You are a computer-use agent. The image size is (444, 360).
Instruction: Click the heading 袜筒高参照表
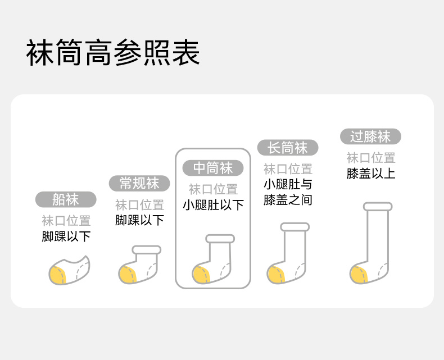pyautogui.click(x=113, y=54)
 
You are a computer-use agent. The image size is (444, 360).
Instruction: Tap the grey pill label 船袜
pyautogui.click(x=66, y=199)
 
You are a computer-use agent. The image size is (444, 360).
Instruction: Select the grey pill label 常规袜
pyautogui.click(x=139, y=183)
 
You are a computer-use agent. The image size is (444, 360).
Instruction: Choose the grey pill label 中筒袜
pyautogui.click(x=213, y=168)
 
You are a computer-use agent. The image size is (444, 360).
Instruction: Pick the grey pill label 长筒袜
pyautogui.click(x=288, y=148)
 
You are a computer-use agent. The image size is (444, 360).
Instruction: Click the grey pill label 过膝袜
pyautogui.click(x=370, y=136)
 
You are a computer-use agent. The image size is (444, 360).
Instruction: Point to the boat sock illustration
pyautogui.click(x=69, y=271)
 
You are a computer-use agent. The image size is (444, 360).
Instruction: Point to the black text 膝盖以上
pyautogui.click(x=370, y=174)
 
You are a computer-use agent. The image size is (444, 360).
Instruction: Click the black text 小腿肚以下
pyautogui.click(x=213, y=205)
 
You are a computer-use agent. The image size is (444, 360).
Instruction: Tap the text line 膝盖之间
pyautogui.click(x=288, y=199)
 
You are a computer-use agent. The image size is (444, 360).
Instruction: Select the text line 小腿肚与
pyautogui.click(x=288, y=184)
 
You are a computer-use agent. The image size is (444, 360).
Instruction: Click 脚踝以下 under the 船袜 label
pyautogui.click(x=66, y=236)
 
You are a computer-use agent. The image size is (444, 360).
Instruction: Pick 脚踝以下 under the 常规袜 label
pyautogui.click(x=139, y=220)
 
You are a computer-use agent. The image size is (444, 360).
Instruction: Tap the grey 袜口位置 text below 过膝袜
pyautogui.click(x=370, y=158)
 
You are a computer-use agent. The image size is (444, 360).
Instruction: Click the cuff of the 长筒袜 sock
pyautogui.click(x=295, y=227)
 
